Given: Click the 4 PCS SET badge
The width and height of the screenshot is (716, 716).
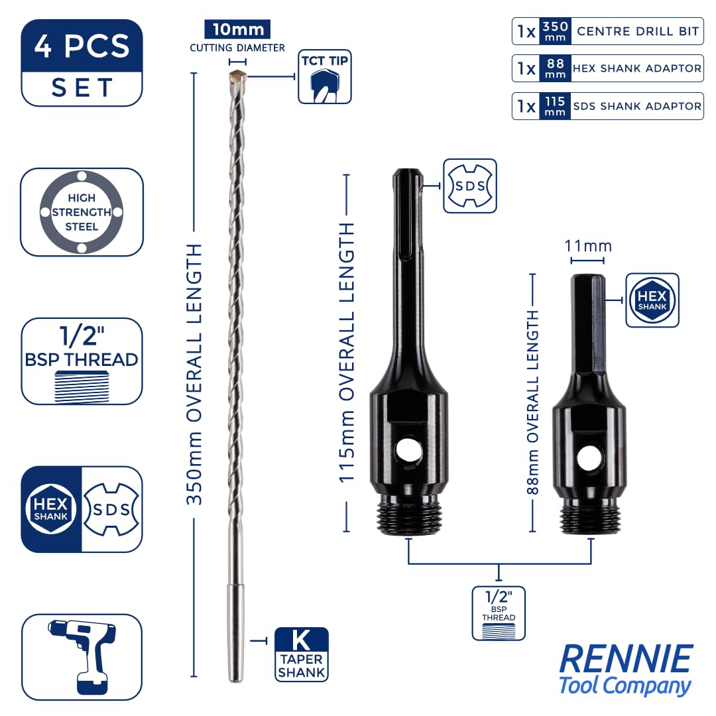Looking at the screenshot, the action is coord(82,63).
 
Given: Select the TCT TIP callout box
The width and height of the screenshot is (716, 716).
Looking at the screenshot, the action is coord(325,77).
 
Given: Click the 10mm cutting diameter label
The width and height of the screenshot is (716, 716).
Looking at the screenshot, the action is coord(237,30).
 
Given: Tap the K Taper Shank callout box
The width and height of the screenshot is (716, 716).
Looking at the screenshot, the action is coord(302,654).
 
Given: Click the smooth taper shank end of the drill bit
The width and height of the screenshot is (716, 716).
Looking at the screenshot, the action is coord(235,632).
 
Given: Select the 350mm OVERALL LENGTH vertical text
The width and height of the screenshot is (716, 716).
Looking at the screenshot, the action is coord(194,375).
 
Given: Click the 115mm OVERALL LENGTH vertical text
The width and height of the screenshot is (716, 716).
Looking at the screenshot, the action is coord(347,353).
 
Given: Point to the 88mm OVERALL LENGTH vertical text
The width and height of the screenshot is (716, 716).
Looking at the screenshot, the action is coord(533,402).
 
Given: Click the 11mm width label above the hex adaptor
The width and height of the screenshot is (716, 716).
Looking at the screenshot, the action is coord(588,246).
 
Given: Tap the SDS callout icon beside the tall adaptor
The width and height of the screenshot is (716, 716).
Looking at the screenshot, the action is coord(470,186).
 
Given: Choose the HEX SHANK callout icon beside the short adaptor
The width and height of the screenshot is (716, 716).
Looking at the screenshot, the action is coord(652,300).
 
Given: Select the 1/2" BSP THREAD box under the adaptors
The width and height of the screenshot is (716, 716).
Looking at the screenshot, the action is coord(499,613).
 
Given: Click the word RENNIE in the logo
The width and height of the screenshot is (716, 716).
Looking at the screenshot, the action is coord(626,658).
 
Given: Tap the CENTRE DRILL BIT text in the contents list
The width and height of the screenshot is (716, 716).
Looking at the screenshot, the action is coord(638,32).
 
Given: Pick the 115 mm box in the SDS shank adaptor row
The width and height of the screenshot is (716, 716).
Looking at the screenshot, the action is coord(555,106).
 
